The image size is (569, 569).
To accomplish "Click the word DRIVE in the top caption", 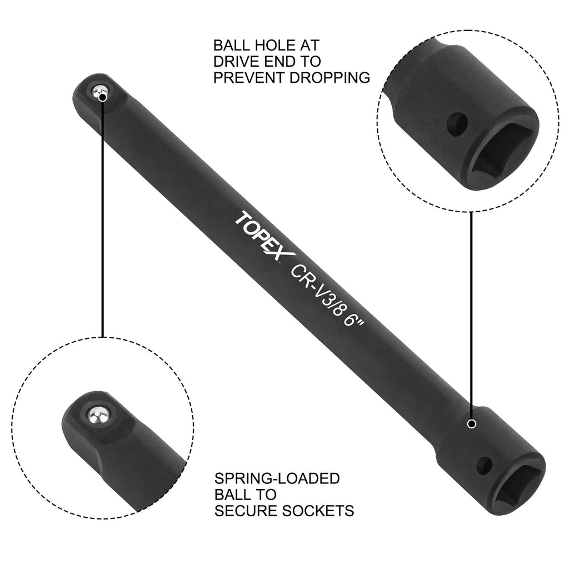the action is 237,61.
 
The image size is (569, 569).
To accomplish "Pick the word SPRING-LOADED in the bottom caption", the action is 277,478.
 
